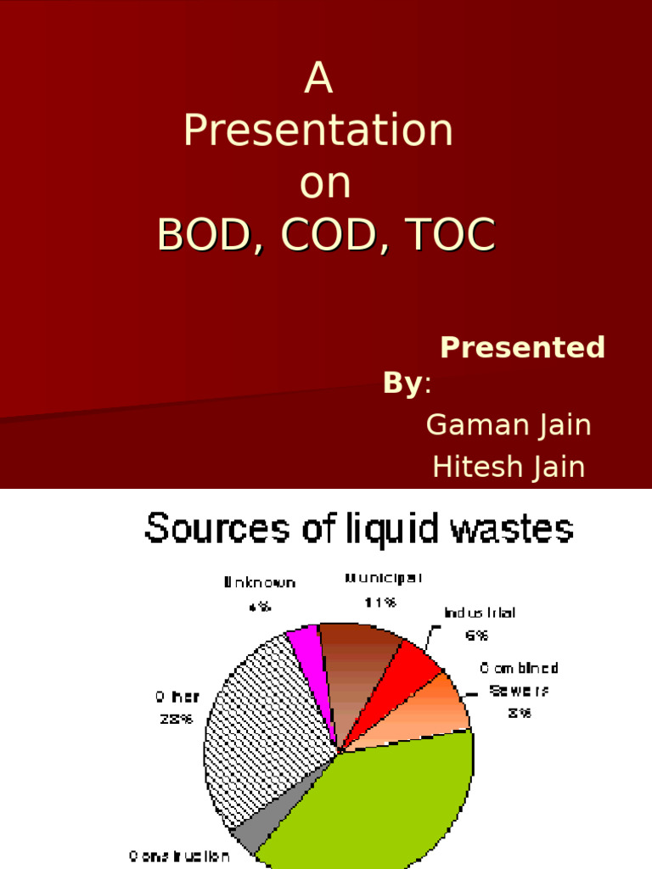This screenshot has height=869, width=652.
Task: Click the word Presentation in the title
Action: [x=318, y=132]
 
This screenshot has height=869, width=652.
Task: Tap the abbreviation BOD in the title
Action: [x=200, y=237]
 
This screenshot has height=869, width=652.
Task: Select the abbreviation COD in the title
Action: [x=325, y=237]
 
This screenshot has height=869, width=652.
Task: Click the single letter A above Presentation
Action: [x=318, y=80]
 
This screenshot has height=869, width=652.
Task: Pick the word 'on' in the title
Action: [x=325, y=184]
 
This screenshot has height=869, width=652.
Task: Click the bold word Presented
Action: [x=522, y=347]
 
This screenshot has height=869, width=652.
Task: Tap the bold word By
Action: [x=402, y=384]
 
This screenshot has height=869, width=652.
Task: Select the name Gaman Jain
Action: [x=509, y=424]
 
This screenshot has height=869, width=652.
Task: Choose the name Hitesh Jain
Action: [x=509, y=466]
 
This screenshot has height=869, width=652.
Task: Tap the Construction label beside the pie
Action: [x=180, y=856]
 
